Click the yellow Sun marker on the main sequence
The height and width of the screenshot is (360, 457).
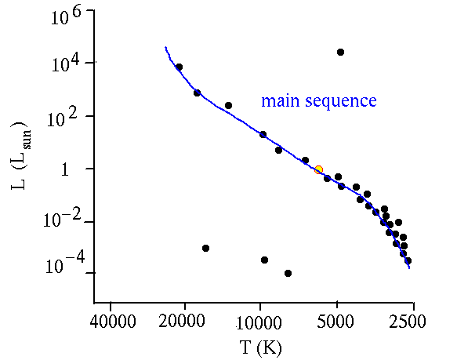(318, 169)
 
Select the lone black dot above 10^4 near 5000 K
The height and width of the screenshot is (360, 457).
(340, 53)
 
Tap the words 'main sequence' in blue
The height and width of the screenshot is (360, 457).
(319, 100)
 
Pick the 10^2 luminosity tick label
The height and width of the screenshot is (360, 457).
(63, 118)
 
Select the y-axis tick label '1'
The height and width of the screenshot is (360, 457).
(65, 169)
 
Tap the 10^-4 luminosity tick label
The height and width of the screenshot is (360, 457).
(65, 263)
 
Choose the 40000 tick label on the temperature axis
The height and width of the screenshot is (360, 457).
(113, 322)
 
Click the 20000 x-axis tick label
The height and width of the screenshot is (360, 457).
(182, 322)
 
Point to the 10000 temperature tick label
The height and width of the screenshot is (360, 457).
(259, 322)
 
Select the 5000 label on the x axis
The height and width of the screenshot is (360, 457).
(335, 322)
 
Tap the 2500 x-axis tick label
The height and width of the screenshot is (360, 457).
(408, 322)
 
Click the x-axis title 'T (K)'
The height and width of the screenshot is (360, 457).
(261, 347)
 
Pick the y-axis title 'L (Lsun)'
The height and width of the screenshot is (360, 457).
(20, 156)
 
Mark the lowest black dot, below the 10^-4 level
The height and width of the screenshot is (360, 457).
(288, 274)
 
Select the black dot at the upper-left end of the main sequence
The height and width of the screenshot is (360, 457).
(180, 67)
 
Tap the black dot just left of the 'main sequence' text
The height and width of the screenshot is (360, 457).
(229, 105)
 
